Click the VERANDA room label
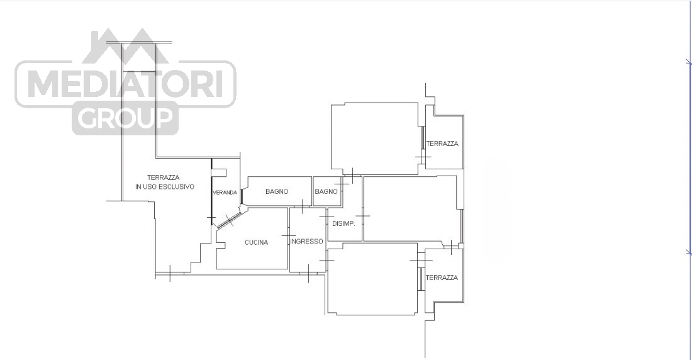(225, 193)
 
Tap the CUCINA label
(257, 242)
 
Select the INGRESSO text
(307, 242)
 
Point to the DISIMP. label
(343, 224)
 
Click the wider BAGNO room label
(277, 191)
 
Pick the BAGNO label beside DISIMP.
(326, 191)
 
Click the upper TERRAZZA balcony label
(442, 143)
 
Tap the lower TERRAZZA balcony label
(442, 278)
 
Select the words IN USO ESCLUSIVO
(165, 187)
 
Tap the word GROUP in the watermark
(125, 118)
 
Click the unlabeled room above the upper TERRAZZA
(375, 138)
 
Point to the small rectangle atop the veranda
(219, 172)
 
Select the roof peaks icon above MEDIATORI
(125, 45)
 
